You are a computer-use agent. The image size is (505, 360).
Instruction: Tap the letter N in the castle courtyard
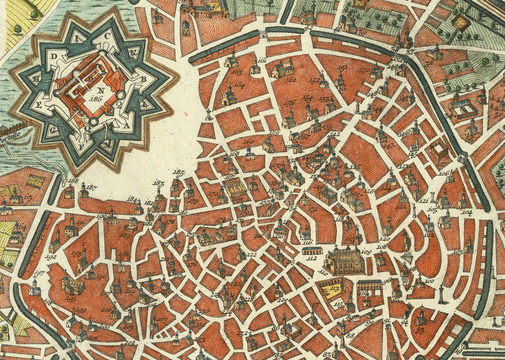tap(100, 89)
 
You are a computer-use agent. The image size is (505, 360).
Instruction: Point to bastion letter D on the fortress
tap(54, 57)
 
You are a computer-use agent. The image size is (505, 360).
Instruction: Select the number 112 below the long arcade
tap(313, 259)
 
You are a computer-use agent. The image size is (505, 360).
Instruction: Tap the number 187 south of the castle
tap(91, 187)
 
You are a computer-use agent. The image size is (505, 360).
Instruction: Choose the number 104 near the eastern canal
tap(466, 212)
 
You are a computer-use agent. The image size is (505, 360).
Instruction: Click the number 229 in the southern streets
tap(282, 301)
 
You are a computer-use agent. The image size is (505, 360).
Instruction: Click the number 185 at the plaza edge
tap(178, 171)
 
